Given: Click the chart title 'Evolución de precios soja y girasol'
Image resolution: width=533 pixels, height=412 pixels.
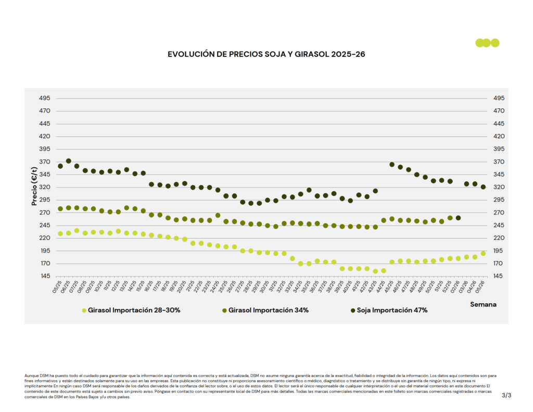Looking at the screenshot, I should (266, 54).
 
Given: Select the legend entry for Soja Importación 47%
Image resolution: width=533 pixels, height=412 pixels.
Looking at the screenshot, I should (388, 310).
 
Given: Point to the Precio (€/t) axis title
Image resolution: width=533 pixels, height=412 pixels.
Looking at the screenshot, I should (34, 186).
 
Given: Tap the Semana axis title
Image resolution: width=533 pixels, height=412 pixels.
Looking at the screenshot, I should (483, 304).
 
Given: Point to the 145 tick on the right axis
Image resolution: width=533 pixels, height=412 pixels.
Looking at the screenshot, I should (492, 276).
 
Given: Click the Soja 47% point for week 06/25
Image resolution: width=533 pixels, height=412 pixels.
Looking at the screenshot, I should (69, 161).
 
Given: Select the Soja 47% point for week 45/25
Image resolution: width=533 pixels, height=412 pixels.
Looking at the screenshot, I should (392, 165).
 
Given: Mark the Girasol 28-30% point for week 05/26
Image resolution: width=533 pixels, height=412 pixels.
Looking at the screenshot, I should (483, 253).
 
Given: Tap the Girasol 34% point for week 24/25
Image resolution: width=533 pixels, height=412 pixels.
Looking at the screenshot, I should (218, 215).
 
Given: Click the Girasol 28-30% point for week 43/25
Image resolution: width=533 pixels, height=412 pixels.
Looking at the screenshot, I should (375, 271).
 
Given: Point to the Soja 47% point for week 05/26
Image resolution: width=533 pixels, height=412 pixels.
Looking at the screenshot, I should (483, 187).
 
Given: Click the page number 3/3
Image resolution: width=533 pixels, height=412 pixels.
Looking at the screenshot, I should (506, 396).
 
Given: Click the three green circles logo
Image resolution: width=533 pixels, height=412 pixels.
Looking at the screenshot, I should (487, 43).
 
